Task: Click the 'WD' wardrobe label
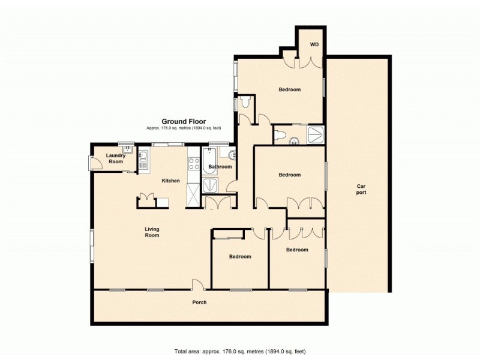pyautogui.click(x=314, y=45)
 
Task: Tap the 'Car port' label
pyautogui.click(x=361, y=190)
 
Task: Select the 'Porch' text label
pyautogui.click(x=199, y=302)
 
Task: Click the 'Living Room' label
pyautogui.click(x=152, y=232)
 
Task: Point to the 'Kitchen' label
pyautogui.click(x=170, y=181)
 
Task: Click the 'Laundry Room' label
pyautogui.click(x=115, y=158)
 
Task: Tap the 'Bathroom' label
pyautogui.click(x=220, y=167)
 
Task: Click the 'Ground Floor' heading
pyautogui.click(x=184, y=121)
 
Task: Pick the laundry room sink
pyautogui.click(x=127, y=150)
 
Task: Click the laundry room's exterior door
pyautogui.click(x=91, y=163)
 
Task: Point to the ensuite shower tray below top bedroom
pyautogui.click(x=314, y=135)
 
